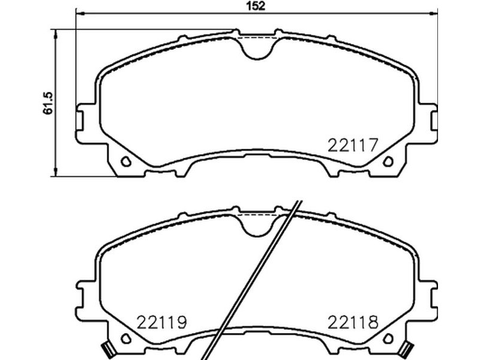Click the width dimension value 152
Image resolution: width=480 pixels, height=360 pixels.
point(257,6)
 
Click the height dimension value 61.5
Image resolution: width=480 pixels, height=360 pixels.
point(49,103)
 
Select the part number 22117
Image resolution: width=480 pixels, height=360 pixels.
point(353,145)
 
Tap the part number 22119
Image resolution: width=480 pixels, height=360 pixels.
point(161,322)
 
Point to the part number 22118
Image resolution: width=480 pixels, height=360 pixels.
point(353,322)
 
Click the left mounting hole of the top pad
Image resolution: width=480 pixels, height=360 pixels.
point(126,161)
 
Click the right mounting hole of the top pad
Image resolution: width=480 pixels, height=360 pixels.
point(388,161)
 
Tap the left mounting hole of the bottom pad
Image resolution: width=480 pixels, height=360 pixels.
point(126,338)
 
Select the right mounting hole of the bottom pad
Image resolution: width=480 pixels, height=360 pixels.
point(388,338)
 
